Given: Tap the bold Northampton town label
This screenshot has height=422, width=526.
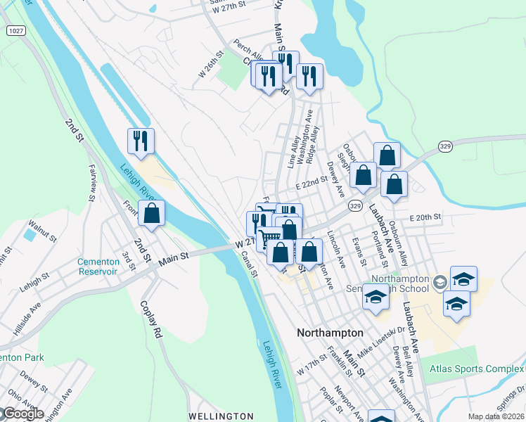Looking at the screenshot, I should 330,333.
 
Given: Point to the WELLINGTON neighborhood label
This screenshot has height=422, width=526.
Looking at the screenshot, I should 221,416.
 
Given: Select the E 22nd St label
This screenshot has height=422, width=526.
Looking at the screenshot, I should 312,183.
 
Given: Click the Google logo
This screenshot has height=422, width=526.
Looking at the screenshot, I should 23,414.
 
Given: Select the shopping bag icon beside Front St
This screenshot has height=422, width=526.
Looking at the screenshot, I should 151,212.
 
